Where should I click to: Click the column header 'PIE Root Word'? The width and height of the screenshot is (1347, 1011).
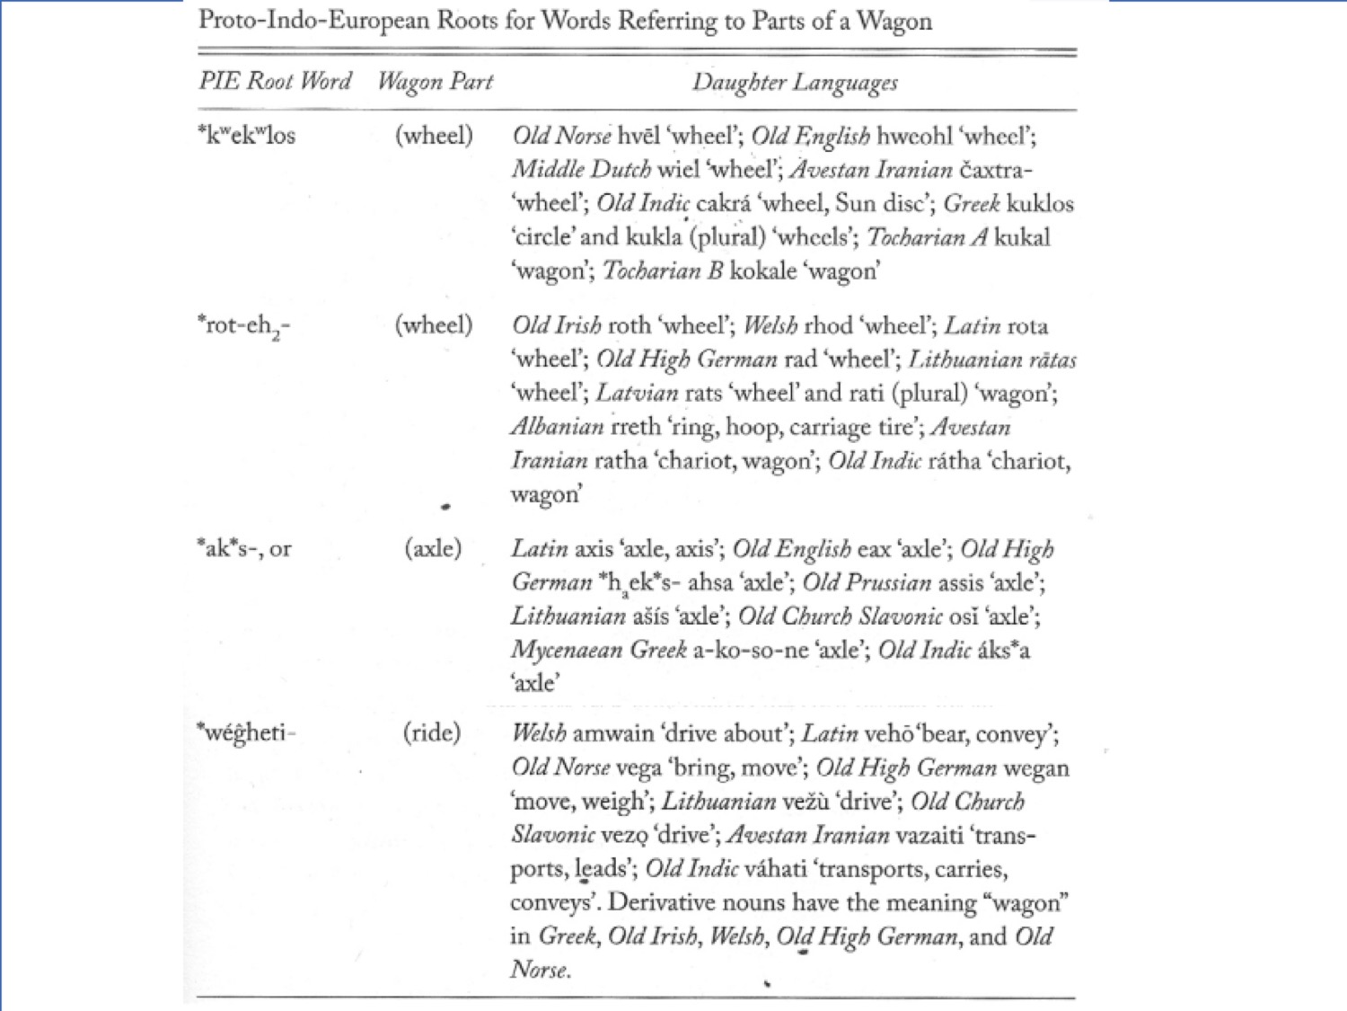tap(275, 81)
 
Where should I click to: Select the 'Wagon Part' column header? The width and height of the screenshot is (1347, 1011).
tap(435, 82)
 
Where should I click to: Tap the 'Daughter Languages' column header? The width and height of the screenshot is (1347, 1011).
tap(795, 83)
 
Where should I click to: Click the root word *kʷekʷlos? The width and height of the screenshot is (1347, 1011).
tap(246, 135)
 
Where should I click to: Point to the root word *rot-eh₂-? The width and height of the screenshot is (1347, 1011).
tap(243, 325)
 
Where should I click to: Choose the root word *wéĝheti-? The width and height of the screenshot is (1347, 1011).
tap(246, 732)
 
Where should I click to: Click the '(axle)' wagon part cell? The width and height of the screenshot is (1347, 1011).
tap(433, 548)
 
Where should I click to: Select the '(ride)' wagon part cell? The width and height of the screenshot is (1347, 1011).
tap(432, 732)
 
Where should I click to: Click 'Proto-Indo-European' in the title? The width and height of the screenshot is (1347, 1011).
tap(315, 21)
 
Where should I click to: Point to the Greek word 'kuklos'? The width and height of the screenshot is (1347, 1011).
tap(1040, 203)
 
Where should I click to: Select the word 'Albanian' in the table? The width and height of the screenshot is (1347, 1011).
tap(557, 427)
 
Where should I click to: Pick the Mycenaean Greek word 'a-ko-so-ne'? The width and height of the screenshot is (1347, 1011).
tap(751, 650)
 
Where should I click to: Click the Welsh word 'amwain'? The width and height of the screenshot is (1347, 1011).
tap(613, 733)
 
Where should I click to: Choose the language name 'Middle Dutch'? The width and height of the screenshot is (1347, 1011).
tap(581, 169)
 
